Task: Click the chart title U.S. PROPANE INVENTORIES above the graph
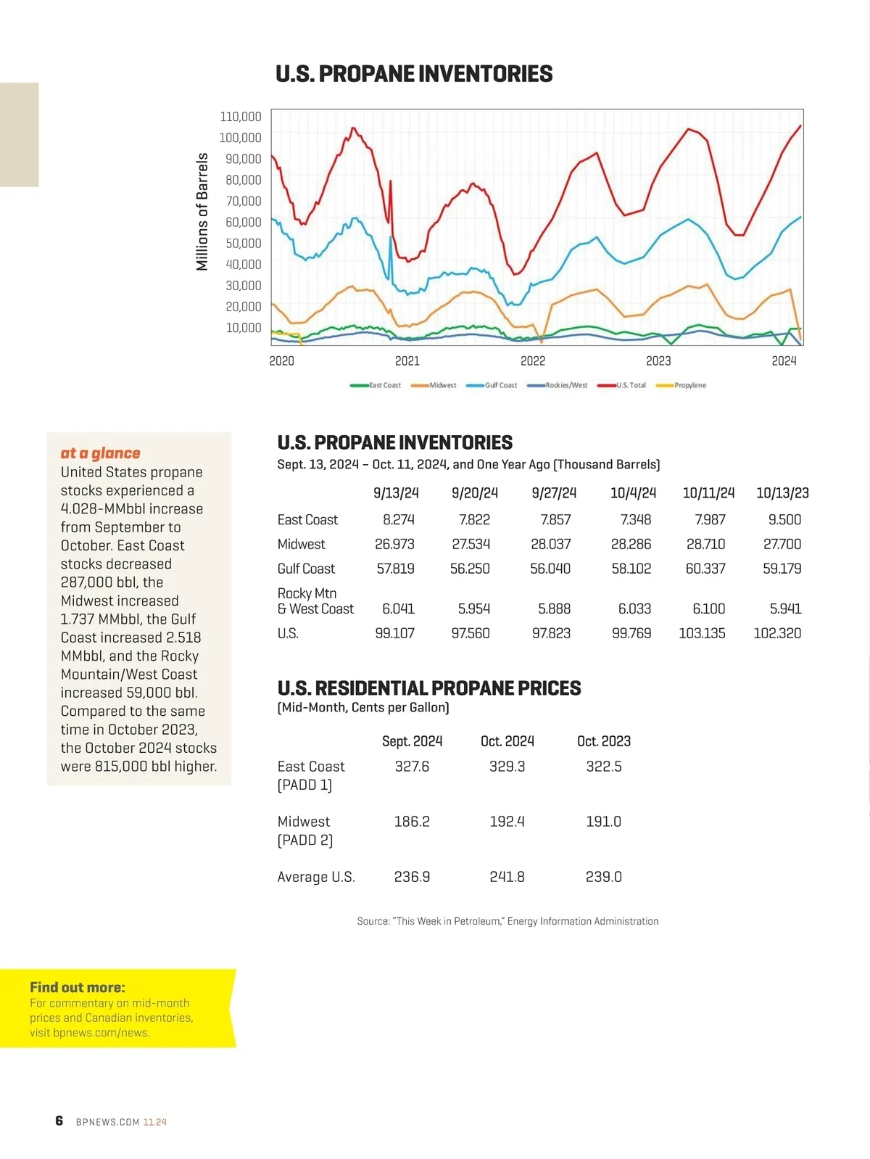[414, 74]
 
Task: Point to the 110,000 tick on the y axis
[241, 117]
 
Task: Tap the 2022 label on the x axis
[533, 361]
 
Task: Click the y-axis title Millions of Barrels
[202, 212]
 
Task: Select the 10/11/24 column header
[708, 493]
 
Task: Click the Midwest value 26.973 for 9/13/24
[395, 544]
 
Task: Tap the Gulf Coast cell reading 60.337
[705, 569]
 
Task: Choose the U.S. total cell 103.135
[702, 633]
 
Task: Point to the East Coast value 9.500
[784, 519]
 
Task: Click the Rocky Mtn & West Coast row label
[315, 601]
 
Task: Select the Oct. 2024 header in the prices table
[507, 741]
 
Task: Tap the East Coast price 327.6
[412, 767]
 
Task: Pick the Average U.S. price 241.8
[507, 877]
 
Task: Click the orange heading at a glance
[100, 453]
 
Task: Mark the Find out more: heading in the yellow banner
[78, 987]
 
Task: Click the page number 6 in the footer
[59, 1121]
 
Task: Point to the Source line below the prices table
[507, 921]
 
